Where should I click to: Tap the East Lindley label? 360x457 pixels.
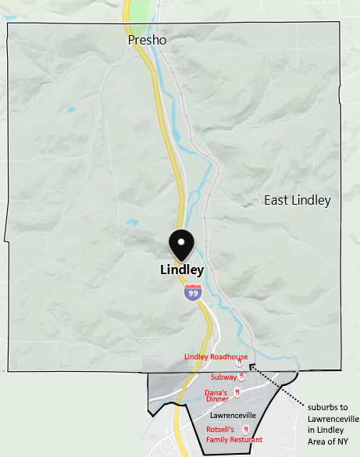click(297, 201)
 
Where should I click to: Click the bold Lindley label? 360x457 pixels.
click(181, 270)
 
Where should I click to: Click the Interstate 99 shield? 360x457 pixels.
click(192, 293)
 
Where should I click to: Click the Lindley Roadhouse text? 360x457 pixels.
click(216, 357)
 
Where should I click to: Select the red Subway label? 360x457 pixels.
click(223, 377)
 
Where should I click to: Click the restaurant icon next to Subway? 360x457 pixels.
click(241, 377)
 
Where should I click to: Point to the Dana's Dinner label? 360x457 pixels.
click(216, 395)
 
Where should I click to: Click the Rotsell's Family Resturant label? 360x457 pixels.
click(233, 434)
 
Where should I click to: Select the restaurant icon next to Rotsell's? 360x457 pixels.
click(246, 430)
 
